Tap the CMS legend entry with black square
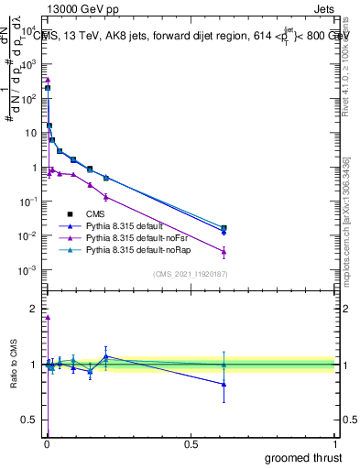(97, 213)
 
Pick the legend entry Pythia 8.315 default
(125, 225)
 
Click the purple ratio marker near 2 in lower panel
(48, 318)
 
